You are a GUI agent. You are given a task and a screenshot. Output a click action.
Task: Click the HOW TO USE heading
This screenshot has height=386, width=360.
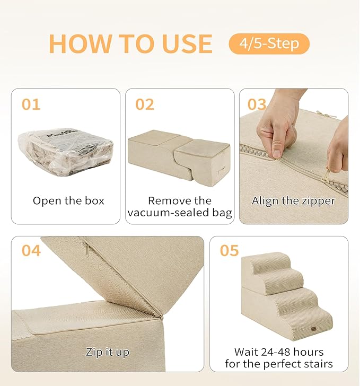[130, 43]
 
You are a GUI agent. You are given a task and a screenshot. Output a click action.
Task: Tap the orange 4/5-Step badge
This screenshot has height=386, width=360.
[269, 43]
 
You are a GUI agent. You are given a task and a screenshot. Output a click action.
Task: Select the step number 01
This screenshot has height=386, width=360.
[31, 104]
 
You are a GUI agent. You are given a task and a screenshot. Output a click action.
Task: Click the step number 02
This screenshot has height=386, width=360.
[145, 104]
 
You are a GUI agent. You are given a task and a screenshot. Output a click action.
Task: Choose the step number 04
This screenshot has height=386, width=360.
[31, 250]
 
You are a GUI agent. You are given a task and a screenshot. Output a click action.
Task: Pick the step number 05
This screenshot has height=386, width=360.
[230, 250]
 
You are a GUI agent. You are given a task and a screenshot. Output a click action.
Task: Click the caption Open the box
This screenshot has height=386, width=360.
[68, 201]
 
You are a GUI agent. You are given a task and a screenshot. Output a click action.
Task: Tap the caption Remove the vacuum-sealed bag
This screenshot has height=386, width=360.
[180, 207]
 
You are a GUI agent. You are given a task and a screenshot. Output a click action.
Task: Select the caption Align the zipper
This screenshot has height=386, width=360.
[293, 201]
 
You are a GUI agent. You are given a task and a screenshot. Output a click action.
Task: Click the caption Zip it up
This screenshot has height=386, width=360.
[108, 352]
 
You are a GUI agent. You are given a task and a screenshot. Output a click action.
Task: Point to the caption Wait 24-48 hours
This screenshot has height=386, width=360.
[279, 352]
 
